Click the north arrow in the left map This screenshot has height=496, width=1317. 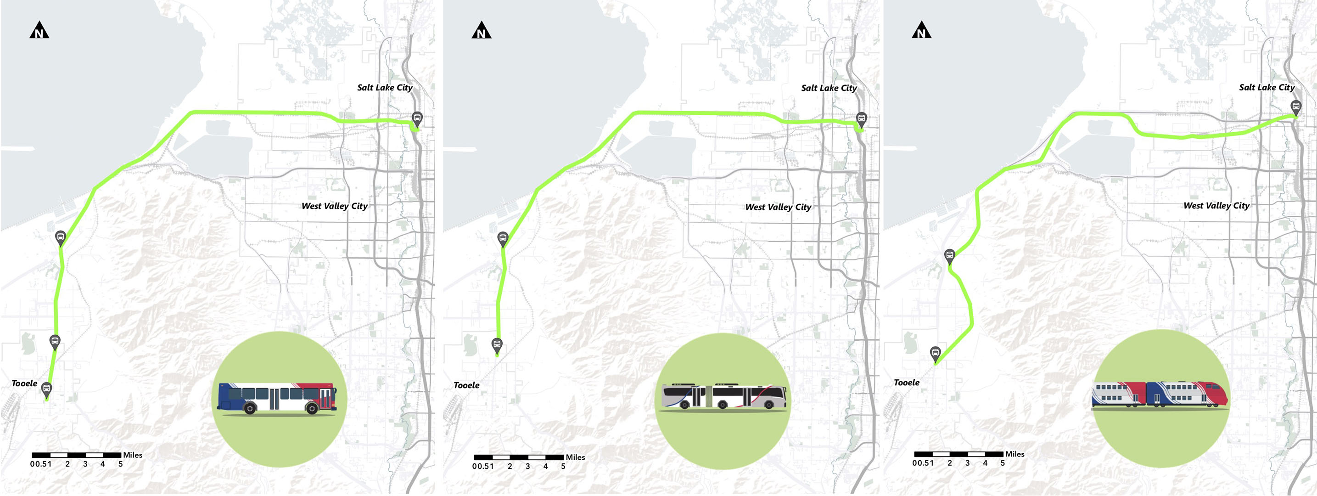tap(39, 31)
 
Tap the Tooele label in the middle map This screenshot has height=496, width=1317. tap(466, 385)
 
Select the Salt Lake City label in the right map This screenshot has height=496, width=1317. tap(1267, 87)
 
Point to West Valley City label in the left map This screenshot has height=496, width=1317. tap(334, 206)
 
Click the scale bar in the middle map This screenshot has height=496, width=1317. tap(518, 457)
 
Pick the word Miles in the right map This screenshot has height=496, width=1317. tap(1014, 454)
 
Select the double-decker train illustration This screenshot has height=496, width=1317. tap(1160, 395)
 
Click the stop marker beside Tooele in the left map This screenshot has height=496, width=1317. tap(46, 389)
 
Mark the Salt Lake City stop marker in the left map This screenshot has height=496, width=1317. tap(417, 119)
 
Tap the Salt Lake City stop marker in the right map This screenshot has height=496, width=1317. tap(1295, 107)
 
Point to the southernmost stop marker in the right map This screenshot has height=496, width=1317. tap(935, 353)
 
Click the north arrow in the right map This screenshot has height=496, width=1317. tap(921, 31)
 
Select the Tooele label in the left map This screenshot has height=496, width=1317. tap(24, 383)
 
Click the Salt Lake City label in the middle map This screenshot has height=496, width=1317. tap(829, 88)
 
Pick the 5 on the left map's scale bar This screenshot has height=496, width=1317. tap(121, 464)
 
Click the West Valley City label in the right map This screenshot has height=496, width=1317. tap(1216, 206)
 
